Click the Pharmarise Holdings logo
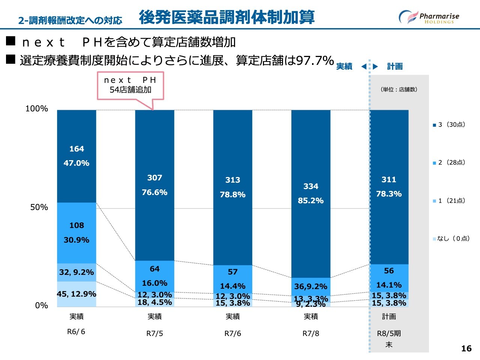click(x=429, y=17)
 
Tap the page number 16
click(x=466, y=348)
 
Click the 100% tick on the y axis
click(x=37, y=109)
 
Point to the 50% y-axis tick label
click(x=39, y=207)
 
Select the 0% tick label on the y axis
click(x=42, y=306)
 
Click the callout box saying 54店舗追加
click(x=130, y=85)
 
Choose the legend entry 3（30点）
click(x=449, y=124)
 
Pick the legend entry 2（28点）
click(x=449, y=162)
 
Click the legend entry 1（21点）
click(x=449, y=201)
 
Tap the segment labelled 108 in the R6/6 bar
click(x=76, y=232)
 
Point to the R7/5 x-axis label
click(x=154, y=333)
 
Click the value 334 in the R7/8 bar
click(x=311, y=186)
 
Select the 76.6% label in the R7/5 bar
click(x=154, y=192)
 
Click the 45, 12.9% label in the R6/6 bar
click(x=76, y=294)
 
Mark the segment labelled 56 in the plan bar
click(x=389, y=277)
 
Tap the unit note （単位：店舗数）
click(x=399, y=90)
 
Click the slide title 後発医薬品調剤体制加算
click(x=226, y=17)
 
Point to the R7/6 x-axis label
click(x=232, y=333)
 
